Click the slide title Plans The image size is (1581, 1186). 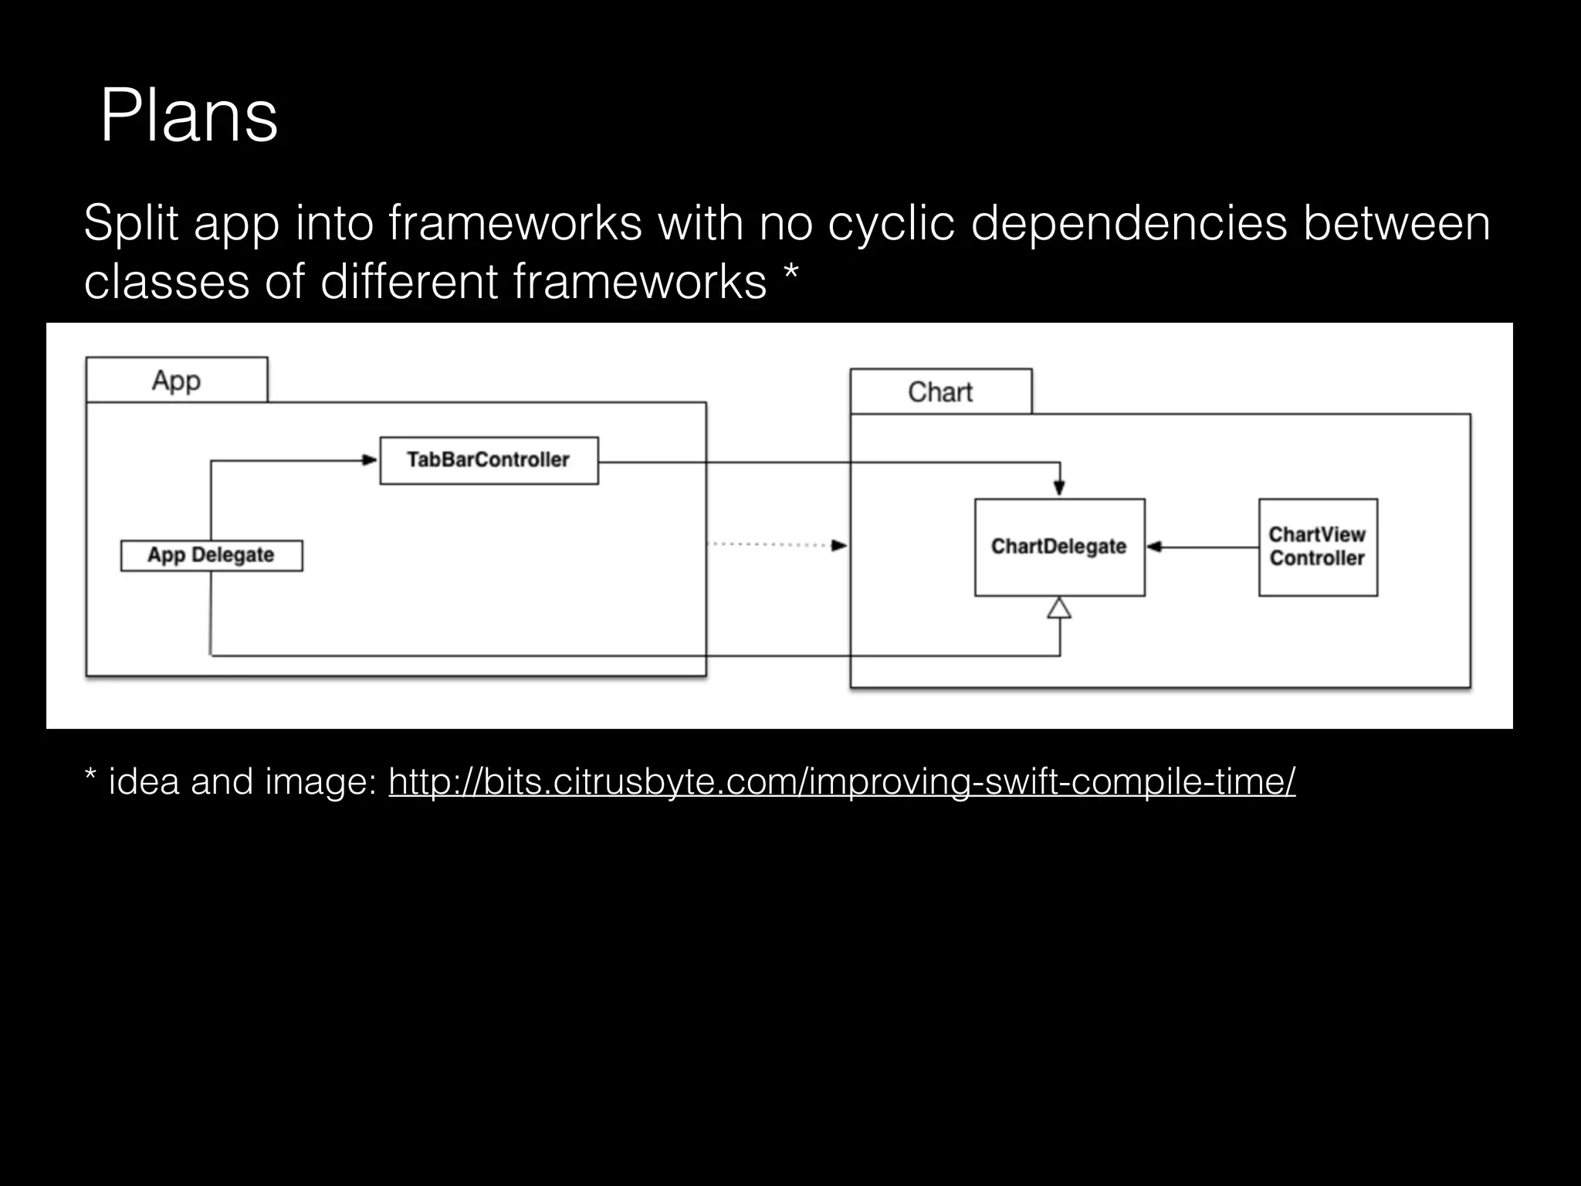pyautogui.click(x=188, y=117)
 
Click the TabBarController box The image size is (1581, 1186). pyautogui.click(x=489, y=460)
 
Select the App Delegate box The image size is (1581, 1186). pyautogui.click(x=211, y=555)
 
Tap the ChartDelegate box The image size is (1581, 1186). pyautogui.click(x=1059, y=547)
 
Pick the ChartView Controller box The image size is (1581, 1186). pyautogui.click(x=1318, y=547)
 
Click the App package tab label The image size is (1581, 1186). pyautogui.click(x=176, y=380)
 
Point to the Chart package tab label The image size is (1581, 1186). pyautogui.click(x=940, y=391)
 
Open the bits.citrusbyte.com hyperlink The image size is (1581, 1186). pyautogui.click(x=841, y=781)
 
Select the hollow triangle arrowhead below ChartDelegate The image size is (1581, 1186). pyautogui.click(x=1059, y=608)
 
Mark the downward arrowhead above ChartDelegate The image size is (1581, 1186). pyautogui.click(x=1059, y=487)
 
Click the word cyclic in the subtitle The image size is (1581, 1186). pyautogui.click(x=892, y=223)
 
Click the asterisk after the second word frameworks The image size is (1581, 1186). pyautogui.click(x=790, y=274)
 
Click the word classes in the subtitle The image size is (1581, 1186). pyautogui.click(x=166, y=281)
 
